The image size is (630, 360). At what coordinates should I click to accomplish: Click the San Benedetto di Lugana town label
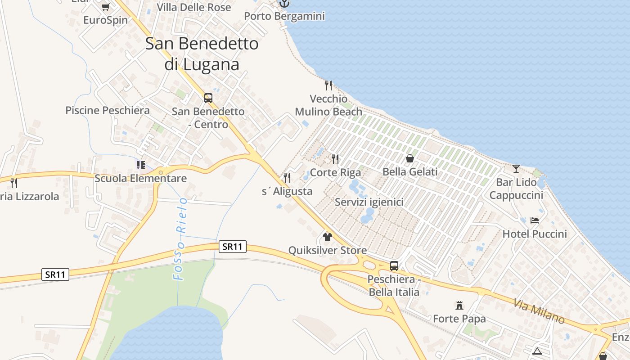(202, 54)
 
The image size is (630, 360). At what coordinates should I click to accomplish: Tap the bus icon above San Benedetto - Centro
(208, 98)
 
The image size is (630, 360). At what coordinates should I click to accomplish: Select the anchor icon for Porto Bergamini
(284, 4)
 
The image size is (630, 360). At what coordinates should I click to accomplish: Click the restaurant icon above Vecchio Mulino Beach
(328, 85)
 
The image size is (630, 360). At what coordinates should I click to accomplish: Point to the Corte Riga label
(335, 172)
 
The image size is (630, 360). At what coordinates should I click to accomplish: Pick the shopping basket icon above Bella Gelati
(410, 158)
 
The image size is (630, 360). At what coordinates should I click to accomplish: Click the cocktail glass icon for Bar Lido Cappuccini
(516, 169)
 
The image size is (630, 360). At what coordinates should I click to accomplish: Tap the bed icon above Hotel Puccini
(535, 220)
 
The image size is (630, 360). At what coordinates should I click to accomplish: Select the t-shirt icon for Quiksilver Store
(327, 237)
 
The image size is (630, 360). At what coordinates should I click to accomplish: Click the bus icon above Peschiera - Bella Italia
(394, 265)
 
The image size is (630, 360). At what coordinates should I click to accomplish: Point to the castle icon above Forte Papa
(459, 306)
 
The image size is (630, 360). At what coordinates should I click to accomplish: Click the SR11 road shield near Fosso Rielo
(233, 247)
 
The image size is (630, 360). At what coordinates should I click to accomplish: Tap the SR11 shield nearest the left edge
(55, 274)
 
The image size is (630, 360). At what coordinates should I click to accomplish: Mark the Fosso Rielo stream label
(180, 238)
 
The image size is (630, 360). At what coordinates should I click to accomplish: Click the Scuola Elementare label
(140, 178)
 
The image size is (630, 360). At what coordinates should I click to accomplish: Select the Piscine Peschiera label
(108, 110)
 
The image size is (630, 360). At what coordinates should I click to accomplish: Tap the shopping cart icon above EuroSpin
(105, 7)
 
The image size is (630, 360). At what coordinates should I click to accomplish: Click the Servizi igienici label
(369, 202)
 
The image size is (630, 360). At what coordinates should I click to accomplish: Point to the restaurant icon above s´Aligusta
(287, 178)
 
